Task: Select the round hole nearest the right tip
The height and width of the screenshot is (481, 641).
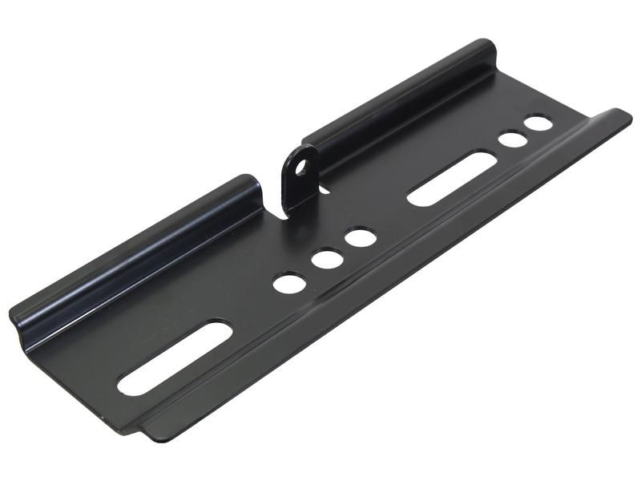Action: click(x=538, y=123)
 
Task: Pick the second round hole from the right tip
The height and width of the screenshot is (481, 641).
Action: click(x=513, y=139)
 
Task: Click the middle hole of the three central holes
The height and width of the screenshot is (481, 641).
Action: click(x=327, y=260)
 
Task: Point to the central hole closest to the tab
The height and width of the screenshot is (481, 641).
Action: click(x=361, y=237)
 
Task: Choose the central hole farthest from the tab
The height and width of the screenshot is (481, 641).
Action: click(x=289, y=282)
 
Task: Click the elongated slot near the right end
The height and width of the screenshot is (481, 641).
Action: click(x=450, y=179)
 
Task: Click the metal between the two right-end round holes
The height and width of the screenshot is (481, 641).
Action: click(x=526, y=131)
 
